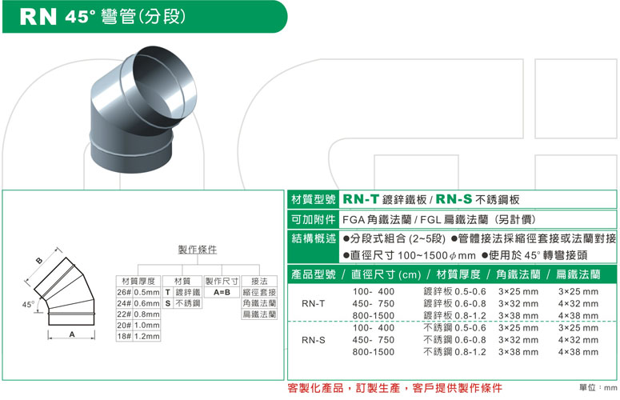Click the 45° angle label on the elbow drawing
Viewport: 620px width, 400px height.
pos(28,305)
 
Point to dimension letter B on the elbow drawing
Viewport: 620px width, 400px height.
pos(38,262)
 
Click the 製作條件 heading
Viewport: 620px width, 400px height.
pos(197,250)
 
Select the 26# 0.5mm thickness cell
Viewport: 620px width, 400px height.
pos(138,293)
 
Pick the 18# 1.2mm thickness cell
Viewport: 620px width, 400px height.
pos(138,337)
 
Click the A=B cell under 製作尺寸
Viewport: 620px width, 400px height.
pos(222,293)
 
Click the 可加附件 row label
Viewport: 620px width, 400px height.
pos(313,218)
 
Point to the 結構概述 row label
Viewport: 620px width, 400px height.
pos(313,238)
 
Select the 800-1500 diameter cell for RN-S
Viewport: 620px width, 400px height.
pos(373,351)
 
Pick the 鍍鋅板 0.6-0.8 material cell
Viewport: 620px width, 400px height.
pos(454,304)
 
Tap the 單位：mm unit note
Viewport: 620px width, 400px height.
pos(596,388)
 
